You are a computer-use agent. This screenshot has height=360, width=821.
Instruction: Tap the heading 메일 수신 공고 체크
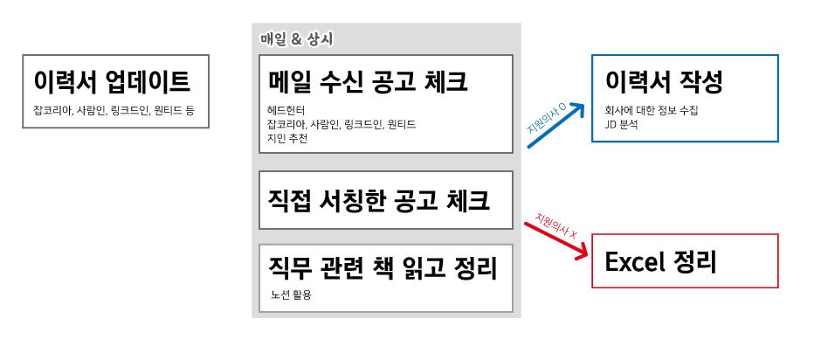click(x=369, y=82)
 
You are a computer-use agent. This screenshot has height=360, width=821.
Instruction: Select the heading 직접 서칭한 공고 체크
click(x=379, y=200)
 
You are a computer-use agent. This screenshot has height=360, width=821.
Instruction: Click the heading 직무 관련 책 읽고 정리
click(x=383, y=267)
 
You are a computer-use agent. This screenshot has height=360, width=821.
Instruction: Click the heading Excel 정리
click(x=661, y=261)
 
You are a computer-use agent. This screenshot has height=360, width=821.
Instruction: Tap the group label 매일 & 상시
click(x=297, y=39)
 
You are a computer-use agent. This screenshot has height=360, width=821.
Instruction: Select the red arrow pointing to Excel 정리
click(x=556, y=239)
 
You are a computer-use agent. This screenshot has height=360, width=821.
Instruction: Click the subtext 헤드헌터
click(x=287, y=111)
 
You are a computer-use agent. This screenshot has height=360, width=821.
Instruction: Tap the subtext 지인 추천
click(x=287, y=137)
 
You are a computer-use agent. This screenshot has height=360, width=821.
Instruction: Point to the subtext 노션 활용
click(x=292, y=294)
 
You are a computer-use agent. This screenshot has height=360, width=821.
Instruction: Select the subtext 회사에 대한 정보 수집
click(x=652, y=112)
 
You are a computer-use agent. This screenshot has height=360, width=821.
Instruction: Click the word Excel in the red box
click(x=635, y=261)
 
